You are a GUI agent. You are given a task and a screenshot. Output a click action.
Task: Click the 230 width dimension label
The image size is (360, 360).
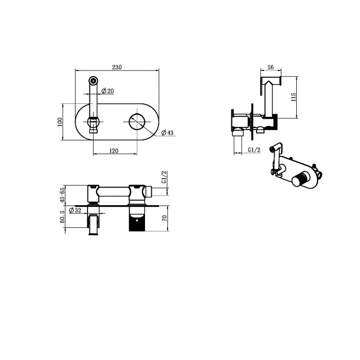click(x=117, y=67)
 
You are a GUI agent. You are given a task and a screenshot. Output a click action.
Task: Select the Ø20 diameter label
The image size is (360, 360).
click(x=107, y=91)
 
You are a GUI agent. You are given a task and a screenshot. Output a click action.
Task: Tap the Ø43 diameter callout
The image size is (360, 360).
click(x=167, y=133)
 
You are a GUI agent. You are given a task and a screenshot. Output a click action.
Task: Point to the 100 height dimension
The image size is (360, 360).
click(x=60, y=122)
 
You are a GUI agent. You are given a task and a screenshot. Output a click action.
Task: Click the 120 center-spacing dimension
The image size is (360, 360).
click(x=114, y=151)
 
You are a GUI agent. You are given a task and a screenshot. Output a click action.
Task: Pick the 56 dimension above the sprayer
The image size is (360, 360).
click(x=271, y=67)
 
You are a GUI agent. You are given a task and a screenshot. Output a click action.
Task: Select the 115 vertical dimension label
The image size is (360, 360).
click(x=293, y=97)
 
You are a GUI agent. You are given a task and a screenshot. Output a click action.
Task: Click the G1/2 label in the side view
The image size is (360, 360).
click(x=254, y=150)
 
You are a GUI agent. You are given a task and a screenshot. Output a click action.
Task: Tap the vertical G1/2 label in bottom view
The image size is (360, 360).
click(x=165, y=177)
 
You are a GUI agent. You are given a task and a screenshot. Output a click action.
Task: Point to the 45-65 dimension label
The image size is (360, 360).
click(x=62, y=195)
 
